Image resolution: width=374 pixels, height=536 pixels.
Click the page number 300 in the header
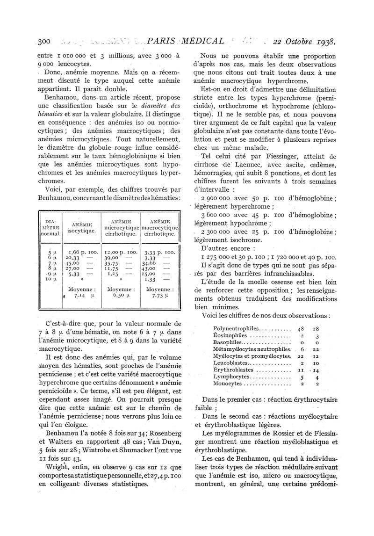[x=43, y=41]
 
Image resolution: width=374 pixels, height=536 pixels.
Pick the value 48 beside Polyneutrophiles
[x=304, y=328]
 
